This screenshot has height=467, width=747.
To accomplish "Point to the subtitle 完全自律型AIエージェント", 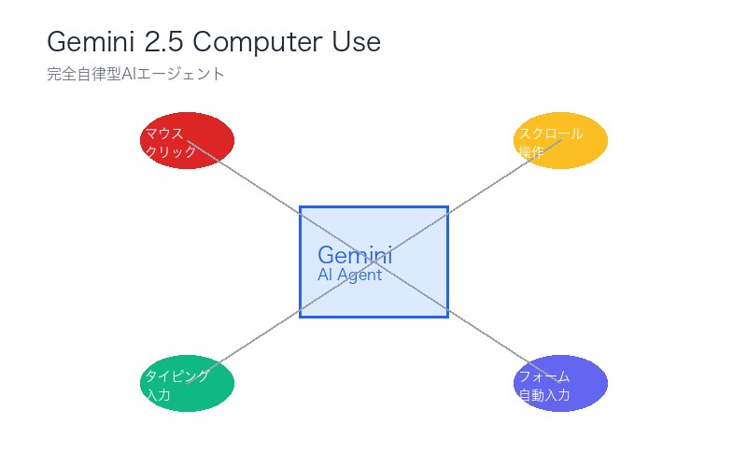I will [x=135, y=74].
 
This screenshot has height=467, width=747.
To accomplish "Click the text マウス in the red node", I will [x=164, y=133].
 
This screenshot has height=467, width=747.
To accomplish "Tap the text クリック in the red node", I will [x=171, y=151].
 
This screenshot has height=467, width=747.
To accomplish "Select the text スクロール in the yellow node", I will [x=550, y=133].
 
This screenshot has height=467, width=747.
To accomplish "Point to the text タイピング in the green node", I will [x=176, y=375].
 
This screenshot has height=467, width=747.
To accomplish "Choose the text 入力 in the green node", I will [x=158, y=395].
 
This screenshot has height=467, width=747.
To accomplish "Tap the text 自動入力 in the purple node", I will [x=543, y=395].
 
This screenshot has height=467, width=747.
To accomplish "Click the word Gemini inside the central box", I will [x=355, y=255].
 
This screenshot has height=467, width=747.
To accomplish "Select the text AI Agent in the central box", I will [x=349, y=276].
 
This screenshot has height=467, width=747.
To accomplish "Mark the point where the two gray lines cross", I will [x=373, y=262].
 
